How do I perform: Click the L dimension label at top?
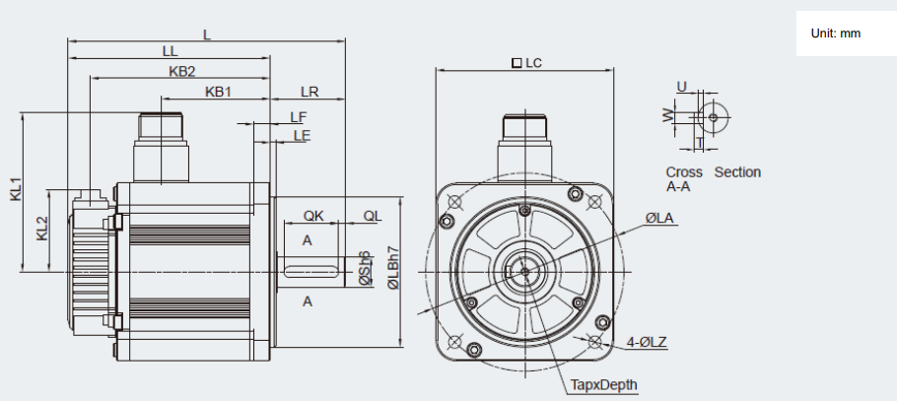click(207, 34)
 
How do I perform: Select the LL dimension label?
click(170, 51)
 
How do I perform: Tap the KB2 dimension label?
click(182, 72)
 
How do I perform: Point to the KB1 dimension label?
click(218, 92)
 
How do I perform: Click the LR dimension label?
click(310, 92)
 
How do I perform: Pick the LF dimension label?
click(298, 117)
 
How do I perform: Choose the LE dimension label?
click(302, 136)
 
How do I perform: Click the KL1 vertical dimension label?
click(16, 189)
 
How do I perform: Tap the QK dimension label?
click(313, 216)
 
